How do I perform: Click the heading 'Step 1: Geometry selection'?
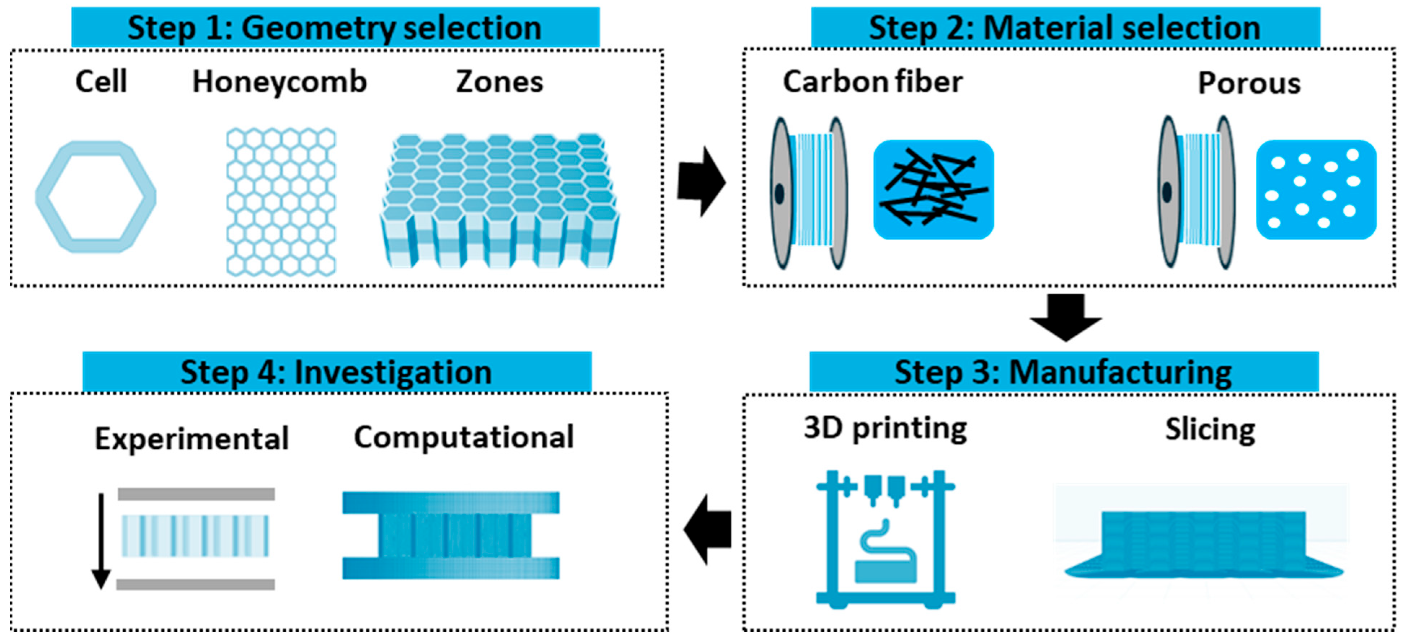[x=335, y=27]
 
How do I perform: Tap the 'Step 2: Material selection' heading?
[x=1065, y=27]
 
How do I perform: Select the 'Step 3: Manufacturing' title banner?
[x=1063, y=372]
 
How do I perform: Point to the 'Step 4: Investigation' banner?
[x=336, y=372]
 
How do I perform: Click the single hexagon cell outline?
[x=96, y=197]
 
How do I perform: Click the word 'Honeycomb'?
[x=279, y=82]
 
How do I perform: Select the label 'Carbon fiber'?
[x=873, y=82]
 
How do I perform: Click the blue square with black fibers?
[x=933, y=189]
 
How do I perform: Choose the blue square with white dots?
[x=1316, y=189]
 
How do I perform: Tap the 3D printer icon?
[x=885, y=539]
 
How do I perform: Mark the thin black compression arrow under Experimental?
[x=101, y=540]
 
